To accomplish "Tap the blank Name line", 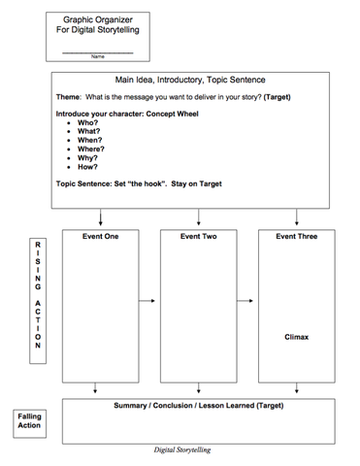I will [97, 50].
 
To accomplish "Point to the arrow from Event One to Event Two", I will [147, 301].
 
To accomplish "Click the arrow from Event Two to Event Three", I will [246, 301].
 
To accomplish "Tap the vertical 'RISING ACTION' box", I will [38, 300].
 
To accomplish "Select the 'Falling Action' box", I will [30, 420].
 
